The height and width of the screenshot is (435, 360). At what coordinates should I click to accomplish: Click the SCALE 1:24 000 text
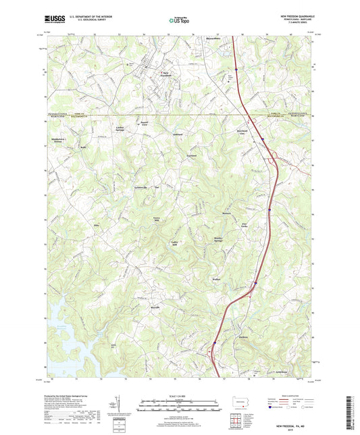coord(178,396)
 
